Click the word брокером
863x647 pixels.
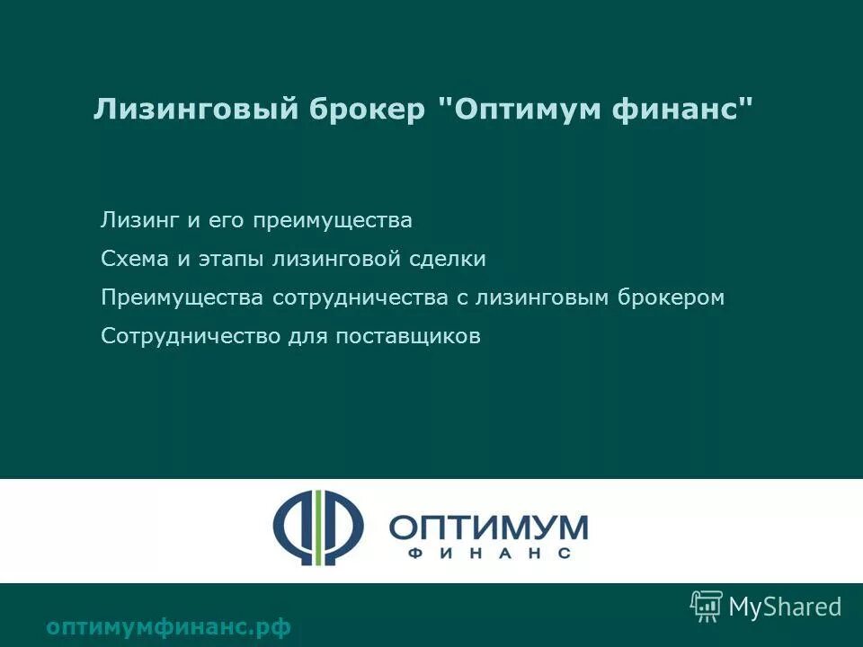(x=671, y=298)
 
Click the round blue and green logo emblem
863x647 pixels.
(x=318, y=527)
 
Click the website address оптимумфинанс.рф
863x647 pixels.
(x=168, y=627)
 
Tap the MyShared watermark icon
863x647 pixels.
(x=706, y=607)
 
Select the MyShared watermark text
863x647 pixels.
(x=785, y=607)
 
